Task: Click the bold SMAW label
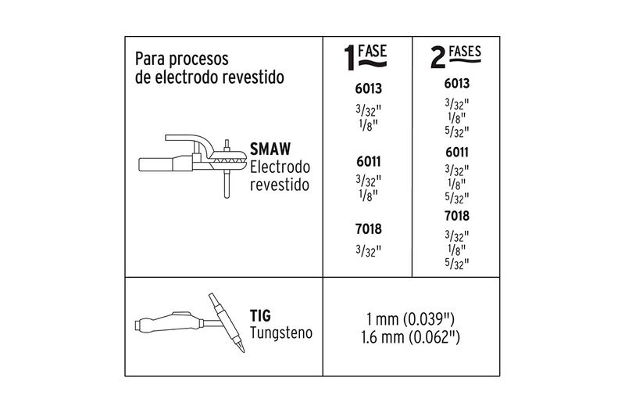(270, 149)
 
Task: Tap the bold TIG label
(261, 317)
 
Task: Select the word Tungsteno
(281, 333)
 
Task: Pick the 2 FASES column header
(455, 57)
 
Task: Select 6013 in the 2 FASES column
(456, 83)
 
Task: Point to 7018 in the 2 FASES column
(456, 216)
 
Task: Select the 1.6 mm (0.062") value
(411, 340)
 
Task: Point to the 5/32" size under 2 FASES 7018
(456, 264)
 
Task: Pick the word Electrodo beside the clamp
(280, 167)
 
